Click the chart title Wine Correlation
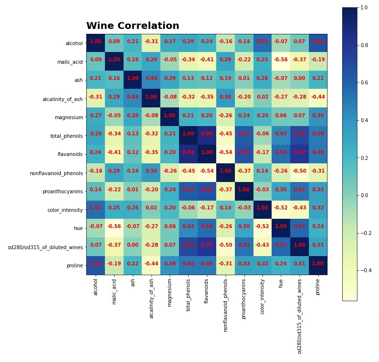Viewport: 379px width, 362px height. (x=133, y=26)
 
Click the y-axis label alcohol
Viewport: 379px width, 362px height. (x=74, y=43)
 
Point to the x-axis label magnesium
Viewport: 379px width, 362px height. (x=170, y=293)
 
